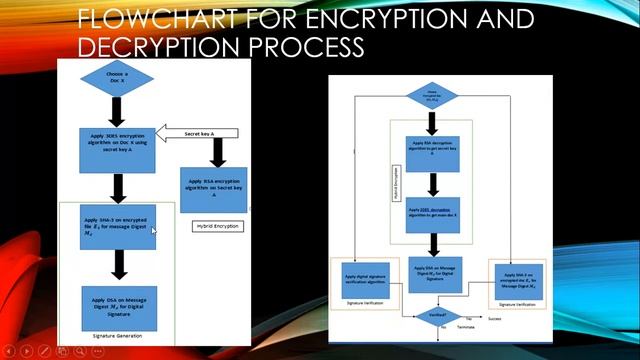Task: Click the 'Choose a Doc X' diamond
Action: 117,79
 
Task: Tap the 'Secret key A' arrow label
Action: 199,134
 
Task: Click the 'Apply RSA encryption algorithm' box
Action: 212,189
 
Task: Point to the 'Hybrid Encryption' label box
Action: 217,226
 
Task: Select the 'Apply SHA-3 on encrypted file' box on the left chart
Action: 118,226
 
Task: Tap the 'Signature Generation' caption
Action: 117,336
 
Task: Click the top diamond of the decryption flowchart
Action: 432,97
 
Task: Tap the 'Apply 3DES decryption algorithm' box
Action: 432,214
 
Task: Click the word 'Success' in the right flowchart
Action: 494,319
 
